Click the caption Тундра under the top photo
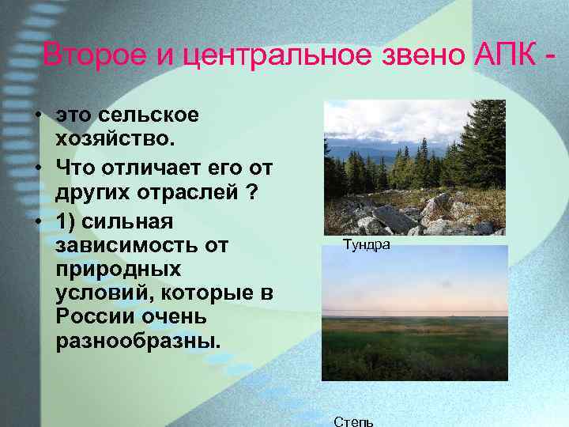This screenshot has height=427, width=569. click(x=366, y=245)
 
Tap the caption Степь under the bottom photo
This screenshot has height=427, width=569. click(x=353, y=420)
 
